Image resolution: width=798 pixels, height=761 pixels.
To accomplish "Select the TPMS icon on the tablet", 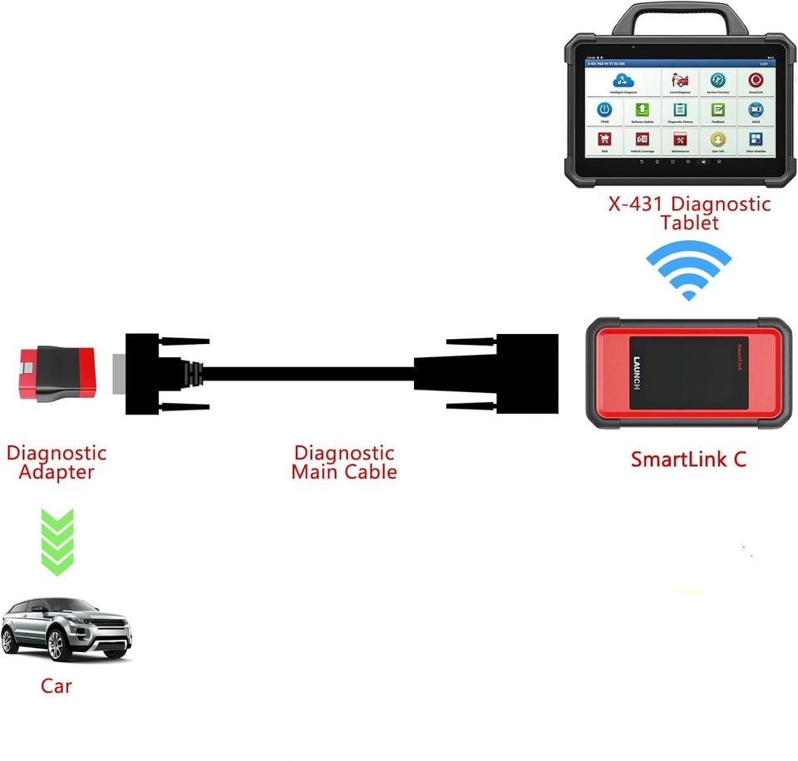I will point(604,110).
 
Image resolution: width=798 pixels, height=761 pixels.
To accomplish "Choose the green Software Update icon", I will point(642,110).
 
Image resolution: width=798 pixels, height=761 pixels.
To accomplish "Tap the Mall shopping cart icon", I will point(604,139).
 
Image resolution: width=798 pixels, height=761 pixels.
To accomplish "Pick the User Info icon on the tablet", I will point(717,139).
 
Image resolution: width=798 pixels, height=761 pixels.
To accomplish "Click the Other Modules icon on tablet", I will point(756,139).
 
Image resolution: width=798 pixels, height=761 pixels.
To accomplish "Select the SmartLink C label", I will point(688,459).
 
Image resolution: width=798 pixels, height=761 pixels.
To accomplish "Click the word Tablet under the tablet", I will point(689,223).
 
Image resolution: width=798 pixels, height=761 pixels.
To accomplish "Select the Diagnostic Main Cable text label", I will point(343,463).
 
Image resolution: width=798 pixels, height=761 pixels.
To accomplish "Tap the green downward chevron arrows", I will point(57,542).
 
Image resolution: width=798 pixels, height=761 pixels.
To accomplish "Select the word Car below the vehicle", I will point(56,686).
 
